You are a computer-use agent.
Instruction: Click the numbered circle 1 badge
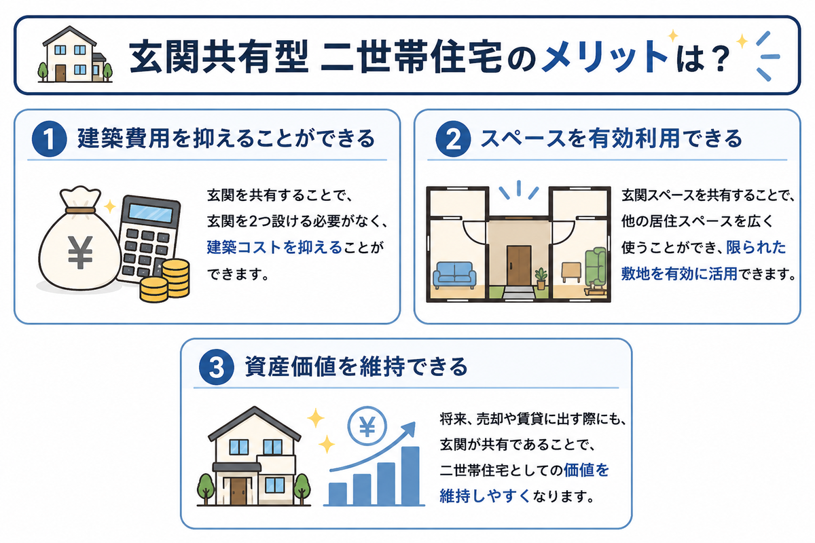click(49, 139)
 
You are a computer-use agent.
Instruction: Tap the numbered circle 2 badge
click(453, 139)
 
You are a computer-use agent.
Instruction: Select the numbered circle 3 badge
click(217, 367)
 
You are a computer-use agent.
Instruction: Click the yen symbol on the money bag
click(80, 252)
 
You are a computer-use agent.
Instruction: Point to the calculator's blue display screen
click(151, 213)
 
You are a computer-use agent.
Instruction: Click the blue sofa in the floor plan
click(454, 275)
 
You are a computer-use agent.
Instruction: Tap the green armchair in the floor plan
click(596, 267)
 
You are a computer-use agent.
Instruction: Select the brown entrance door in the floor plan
click(519, 266)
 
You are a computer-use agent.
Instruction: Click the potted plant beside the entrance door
click(541, 278)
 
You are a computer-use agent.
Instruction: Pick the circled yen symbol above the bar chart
click(367, 426)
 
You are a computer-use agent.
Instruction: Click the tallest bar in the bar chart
click(410, 475)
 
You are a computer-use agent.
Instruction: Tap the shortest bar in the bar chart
click(338, 493)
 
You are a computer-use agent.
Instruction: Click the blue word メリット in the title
click(604, 56)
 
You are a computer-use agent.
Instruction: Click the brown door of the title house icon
click(60, 73)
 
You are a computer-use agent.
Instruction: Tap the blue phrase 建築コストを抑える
click(274, 247)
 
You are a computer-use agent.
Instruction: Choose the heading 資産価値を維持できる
click(355, 367)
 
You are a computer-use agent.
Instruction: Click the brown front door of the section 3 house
click(238, 491)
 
